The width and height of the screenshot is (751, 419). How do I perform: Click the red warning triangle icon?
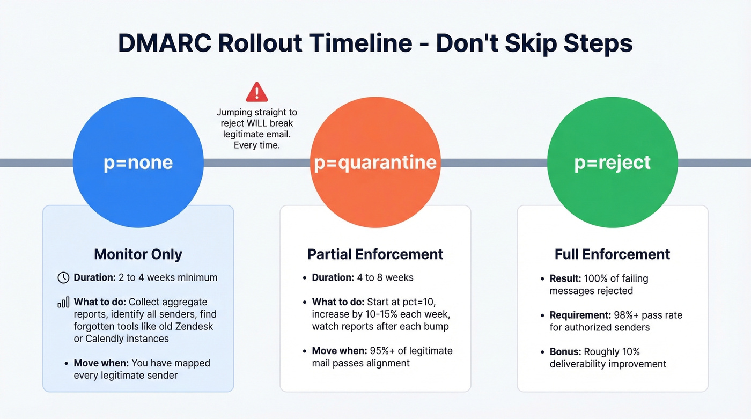[256, 92]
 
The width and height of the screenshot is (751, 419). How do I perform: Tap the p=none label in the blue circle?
[138, 162]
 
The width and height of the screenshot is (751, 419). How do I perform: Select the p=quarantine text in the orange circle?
[376, 162]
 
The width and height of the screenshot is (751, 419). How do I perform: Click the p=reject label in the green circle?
[612, 162]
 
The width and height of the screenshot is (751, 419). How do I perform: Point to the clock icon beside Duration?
[63, 277]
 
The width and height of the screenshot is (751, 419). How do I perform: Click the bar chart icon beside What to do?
[63, 303]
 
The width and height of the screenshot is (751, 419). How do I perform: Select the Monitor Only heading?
[138, 254]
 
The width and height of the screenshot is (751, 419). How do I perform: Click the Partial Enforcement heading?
[376, 254]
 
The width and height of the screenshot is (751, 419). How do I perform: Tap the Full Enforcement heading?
[612, 254]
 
